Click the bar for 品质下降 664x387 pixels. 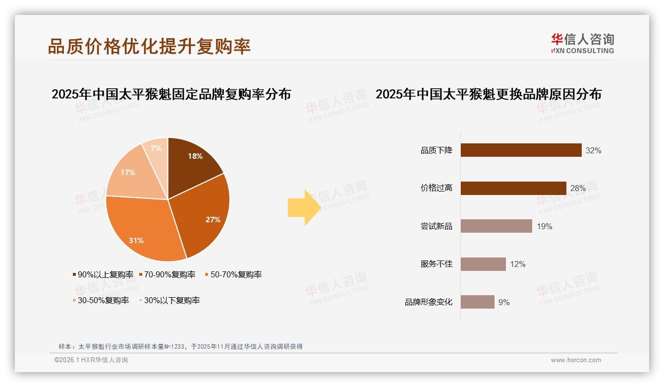[x=521, y=150]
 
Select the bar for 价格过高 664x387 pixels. [x=513, y=188]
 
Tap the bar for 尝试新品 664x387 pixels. [x=496, y=226]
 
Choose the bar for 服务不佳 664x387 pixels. [x=483, y=264]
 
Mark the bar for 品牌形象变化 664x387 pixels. [x=477, y=302]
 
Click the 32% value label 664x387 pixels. [x=593, y=150]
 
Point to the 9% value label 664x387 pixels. [x=504, y=302]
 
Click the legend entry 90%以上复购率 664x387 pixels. [x=103, y=274]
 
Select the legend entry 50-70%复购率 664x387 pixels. [x=232, y=274]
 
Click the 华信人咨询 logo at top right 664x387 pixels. [x=582, y=44]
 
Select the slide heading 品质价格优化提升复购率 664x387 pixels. [x=149, y=46]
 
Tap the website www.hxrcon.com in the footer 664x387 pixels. [x=576, y=360]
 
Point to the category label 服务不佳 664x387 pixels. [x=436, y=264]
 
